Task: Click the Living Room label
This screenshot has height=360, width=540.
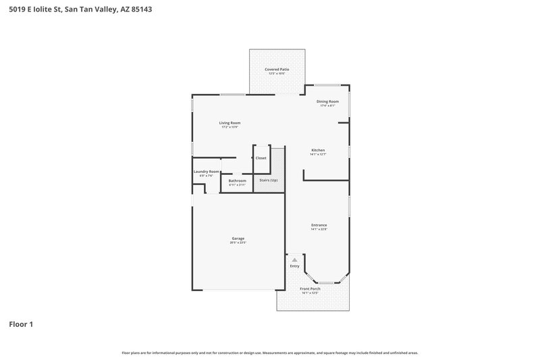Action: pyautogui.click(x=230, y=123)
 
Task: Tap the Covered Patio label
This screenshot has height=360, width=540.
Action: pyautogui.click(x=277, y=70)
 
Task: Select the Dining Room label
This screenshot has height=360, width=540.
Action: pyautogui.click(x=328, y=101)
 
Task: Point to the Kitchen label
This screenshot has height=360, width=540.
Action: pyautogui.click(x=318, y=150)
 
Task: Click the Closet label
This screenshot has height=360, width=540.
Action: pyautogui.click(x=261, y=158)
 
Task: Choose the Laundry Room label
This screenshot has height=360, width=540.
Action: pyautogui.click(x=207, y=172)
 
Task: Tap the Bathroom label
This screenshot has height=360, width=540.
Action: pyautogui.click(x=237, y=180)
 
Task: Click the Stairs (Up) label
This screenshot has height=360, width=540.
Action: pyautogui.click(x=269, y=180)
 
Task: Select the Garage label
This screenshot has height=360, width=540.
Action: pyautogui.click(x=238, y=238)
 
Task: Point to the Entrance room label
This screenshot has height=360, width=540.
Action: pyautogui.click(x=319, y=225)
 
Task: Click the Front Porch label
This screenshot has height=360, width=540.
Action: pyautogui.click(x=310, y=288)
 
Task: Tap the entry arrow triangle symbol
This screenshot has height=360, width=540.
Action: pyautogui.click(x=294, y=259)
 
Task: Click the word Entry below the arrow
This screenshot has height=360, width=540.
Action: pyautogui.click(x=294, y=266)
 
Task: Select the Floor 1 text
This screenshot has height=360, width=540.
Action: pyautogui.click(x=21, y=325)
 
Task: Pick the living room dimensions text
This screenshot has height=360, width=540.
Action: pyautogui.click(x=230, y=127)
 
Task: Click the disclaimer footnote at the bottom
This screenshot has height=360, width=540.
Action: pyautogui.click(x=270, y=353)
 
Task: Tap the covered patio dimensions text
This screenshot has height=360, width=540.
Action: pyautogui.click(x=277, y=74)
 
